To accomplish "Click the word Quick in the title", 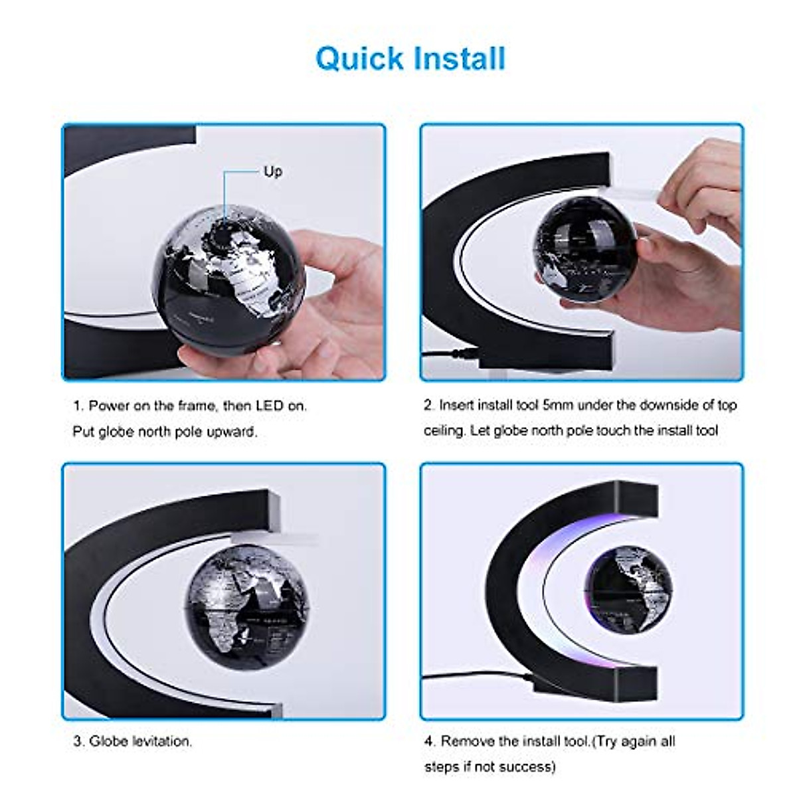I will point(360,58).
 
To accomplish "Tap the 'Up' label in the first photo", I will point(273,171).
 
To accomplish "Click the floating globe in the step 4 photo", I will point(628,586).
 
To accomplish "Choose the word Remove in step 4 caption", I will point(468,741).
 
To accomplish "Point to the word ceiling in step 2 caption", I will point(444,430).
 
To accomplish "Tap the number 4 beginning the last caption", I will point(428,741).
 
